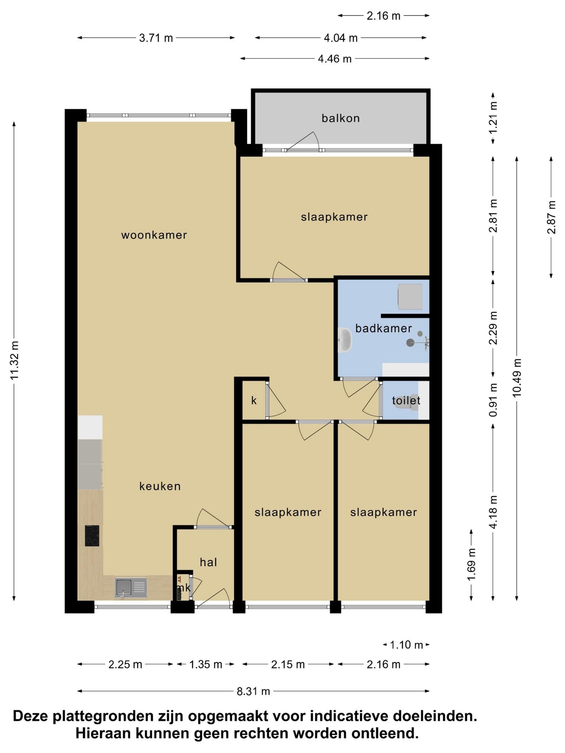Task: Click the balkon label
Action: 341,118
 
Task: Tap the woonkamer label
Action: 154,235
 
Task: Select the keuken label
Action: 160,486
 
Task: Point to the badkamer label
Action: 383,328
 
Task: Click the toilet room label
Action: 406,400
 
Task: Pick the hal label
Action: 208,562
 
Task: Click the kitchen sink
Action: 131,588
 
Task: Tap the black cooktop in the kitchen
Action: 92,536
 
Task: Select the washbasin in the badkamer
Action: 345,340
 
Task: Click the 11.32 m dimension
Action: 14,361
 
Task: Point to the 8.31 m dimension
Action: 253,691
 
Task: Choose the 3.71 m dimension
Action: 156,38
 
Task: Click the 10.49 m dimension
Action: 517,378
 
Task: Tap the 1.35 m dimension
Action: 206,664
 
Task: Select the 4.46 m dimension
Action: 335,58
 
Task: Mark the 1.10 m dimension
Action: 406,645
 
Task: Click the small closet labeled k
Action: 254,400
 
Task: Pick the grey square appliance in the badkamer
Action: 410,296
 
